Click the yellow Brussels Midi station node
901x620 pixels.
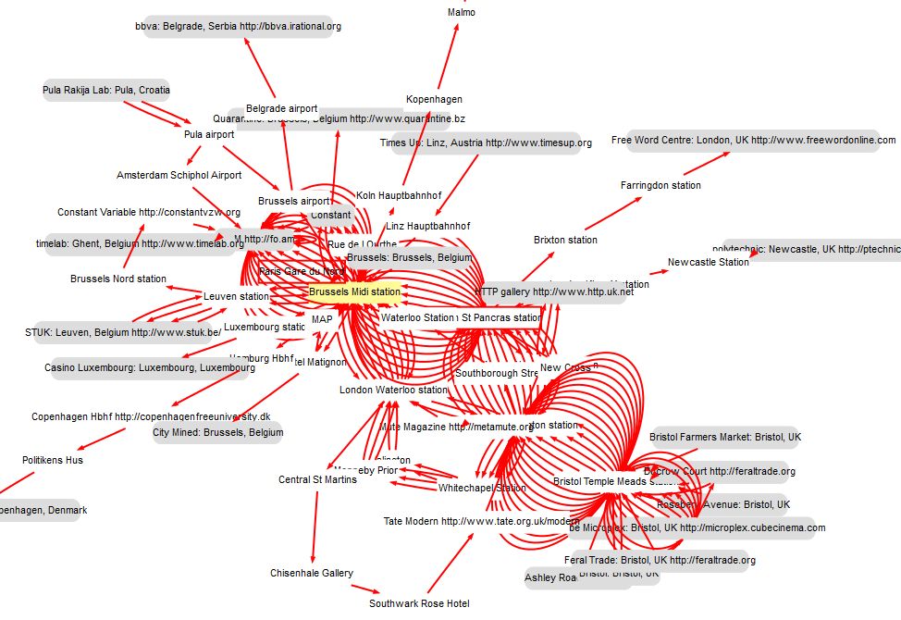point(354,291)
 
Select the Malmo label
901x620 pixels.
point(461,13)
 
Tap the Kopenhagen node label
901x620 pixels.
point(434,99)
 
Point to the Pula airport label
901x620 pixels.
point(209,134)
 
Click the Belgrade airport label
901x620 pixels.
point(281,108)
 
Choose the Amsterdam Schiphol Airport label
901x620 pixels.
point(179,175)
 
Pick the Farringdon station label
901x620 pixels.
point(660,185)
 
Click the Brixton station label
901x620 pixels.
point(565,240)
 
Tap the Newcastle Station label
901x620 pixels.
point(708,262)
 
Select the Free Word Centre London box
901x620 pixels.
point(753,141)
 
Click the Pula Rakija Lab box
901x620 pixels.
point(105,91)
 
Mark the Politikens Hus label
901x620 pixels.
point(53,460)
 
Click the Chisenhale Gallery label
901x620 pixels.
point(312,573)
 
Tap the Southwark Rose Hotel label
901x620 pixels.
point(419,603)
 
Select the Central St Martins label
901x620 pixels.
point(317,479)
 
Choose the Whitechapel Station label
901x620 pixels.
point(481,488)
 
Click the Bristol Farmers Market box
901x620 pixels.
point(725,437)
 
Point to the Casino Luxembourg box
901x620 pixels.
point(149,368)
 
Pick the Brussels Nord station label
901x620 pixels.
point(118,279)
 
